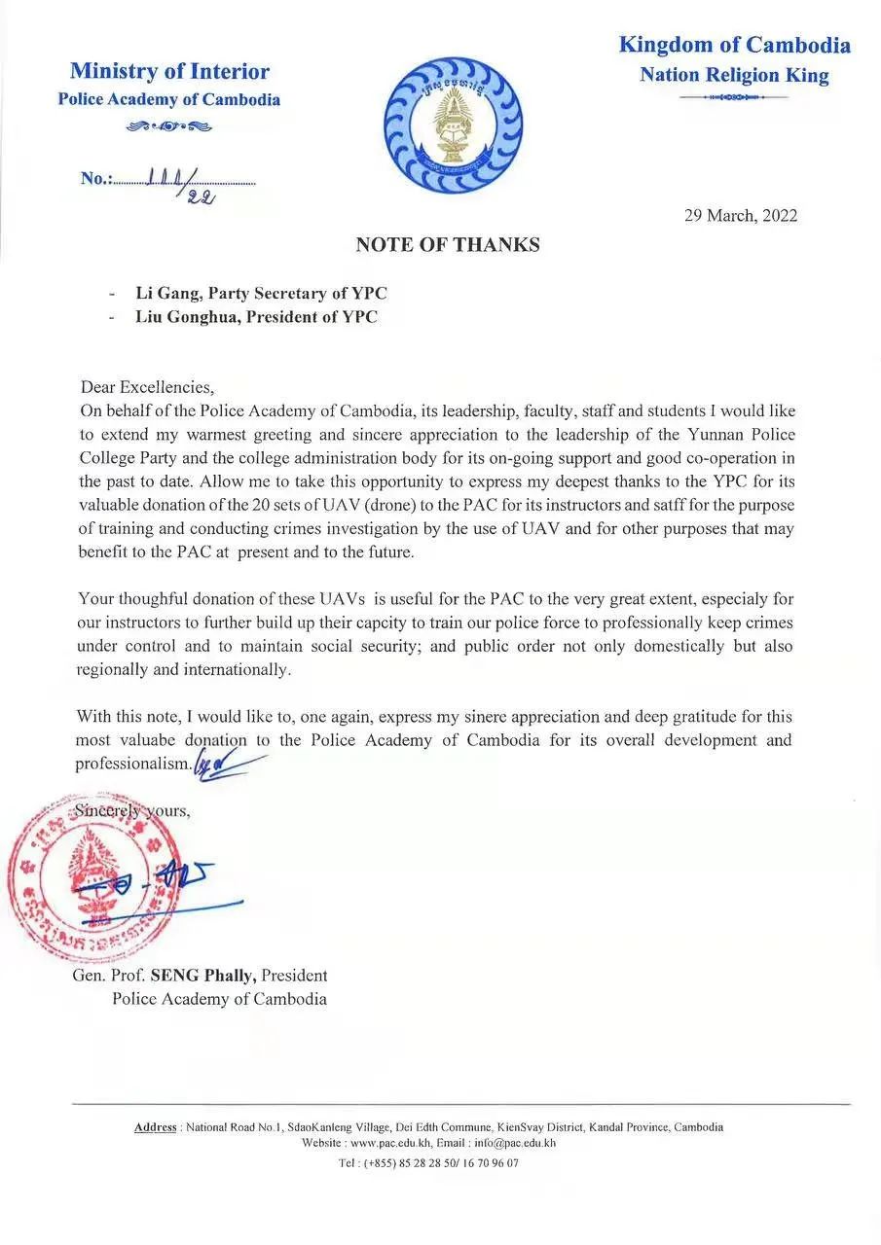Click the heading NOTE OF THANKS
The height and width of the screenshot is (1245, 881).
pyautogui.click(x=447, y=245)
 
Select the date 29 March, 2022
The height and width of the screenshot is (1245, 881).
pyautogui.click(x=741, y=216)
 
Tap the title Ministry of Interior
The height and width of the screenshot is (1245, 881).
pyautogui.click(x=169, y=71)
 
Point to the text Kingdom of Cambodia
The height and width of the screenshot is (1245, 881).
pyautogui.click(x=734, y=45)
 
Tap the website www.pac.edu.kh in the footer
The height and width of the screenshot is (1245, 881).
pyautogui.click(x=388, y=1144)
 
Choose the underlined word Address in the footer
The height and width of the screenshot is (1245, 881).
pyautogui.click(x=155, y=1127)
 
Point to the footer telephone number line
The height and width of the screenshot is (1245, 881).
pyautogui.click(x=428, y=1162)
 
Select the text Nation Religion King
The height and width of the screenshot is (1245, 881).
pyautogui.click(x=734, y=76)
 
